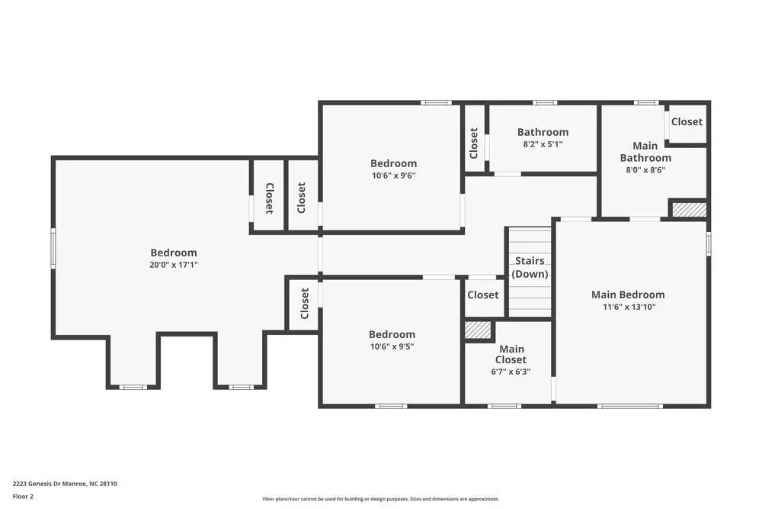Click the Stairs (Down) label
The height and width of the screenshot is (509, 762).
[530, 268]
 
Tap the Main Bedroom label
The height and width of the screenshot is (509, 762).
[628, 295]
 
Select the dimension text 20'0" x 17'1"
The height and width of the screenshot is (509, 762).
[174, 265]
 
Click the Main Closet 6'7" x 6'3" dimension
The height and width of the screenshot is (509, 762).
[510, 372]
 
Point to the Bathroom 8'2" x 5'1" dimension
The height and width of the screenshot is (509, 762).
[543, 143]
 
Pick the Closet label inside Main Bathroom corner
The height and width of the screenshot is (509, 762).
[687, 121]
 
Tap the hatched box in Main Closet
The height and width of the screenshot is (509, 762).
[478, 330]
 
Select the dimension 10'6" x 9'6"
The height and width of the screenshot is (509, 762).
[393, 175]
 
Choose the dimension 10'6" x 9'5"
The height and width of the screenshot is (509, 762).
[392, 346]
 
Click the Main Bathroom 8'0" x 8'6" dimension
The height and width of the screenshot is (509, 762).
[645, 170]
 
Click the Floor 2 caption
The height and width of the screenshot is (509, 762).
[23, 496]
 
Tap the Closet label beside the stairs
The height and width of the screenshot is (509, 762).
[483, 295]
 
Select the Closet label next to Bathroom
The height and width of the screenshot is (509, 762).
[474, 143]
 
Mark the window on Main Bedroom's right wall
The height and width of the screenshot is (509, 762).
[709, 243]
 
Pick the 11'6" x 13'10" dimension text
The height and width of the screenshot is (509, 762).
[628, 307]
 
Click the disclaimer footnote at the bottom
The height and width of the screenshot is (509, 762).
[380, 498]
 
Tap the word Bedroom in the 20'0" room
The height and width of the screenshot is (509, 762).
[174, 253]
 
